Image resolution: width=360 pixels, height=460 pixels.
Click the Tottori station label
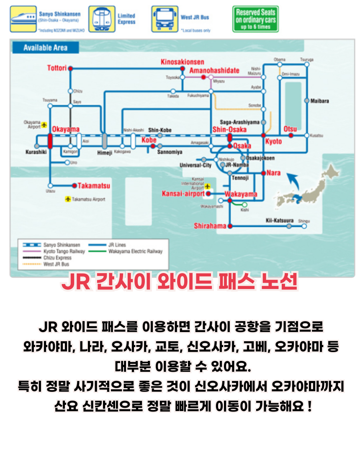click(57, 68)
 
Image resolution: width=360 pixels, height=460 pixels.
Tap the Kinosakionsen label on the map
click(183, 62)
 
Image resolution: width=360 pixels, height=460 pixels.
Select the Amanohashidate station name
click(214, 70)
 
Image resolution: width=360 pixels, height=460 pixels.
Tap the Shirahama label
click(210, 226)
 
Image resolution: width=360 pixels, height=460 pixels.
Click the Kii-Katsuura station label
click(279, 220)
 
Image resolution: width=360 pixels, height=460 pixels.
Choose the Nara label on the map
click(274, 173)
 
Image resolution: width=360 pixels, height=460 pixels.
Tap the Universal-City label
click(195, 166)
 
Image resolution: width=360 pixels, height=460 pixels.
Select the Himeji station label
click(105, 153)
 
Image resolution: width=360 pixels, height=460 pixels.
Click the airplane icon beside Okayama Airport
click(44, 125)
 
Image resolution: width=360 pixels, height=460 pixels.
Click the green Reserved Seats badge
click(255, 19)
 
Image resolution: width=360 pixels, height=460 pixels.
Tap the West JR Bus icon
click(165, 19)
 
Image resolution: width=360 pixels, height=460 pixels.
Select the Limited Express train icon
click(102, 19)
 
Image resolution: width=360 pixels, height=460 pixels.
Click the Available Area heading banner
click(45, 48)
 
